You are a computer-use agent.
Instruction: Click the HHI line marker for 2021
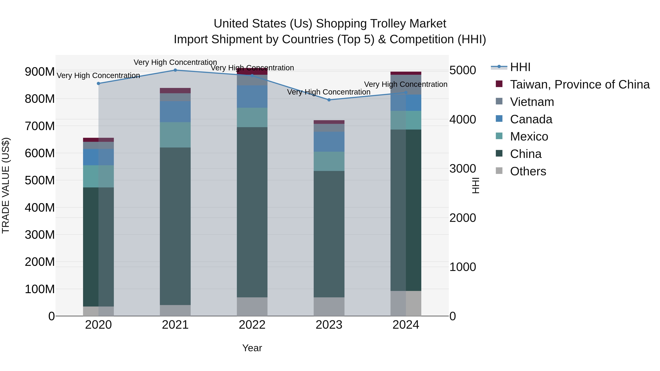(175, 70)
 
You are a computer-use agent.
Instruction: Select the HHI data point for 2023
(329, 100)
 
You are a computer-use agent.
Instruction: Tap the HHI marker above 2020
(98, 84)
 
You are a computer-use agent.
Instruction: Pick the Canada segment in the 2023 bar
(329, 142)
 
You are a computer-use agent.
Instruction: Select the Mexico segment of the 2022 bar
(252, 117)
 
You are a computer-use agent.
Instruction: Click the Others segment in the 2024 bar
(406, 303)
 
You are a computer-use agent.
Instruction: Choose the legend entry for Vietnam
(532, 102)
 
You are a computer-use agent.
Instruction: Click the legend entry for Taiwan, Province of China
(580, 84)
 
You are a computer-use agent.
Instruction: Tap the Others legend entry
(528, 171)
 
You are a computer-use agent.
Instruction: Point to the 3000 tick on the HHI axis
(463, 169)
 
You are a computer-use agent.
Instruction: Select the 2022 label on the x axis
(252, 325)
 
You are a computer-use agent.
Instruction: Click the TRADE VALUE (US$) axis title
(6, 185)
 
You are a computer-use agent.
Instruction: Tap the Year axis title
(252, 348)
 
